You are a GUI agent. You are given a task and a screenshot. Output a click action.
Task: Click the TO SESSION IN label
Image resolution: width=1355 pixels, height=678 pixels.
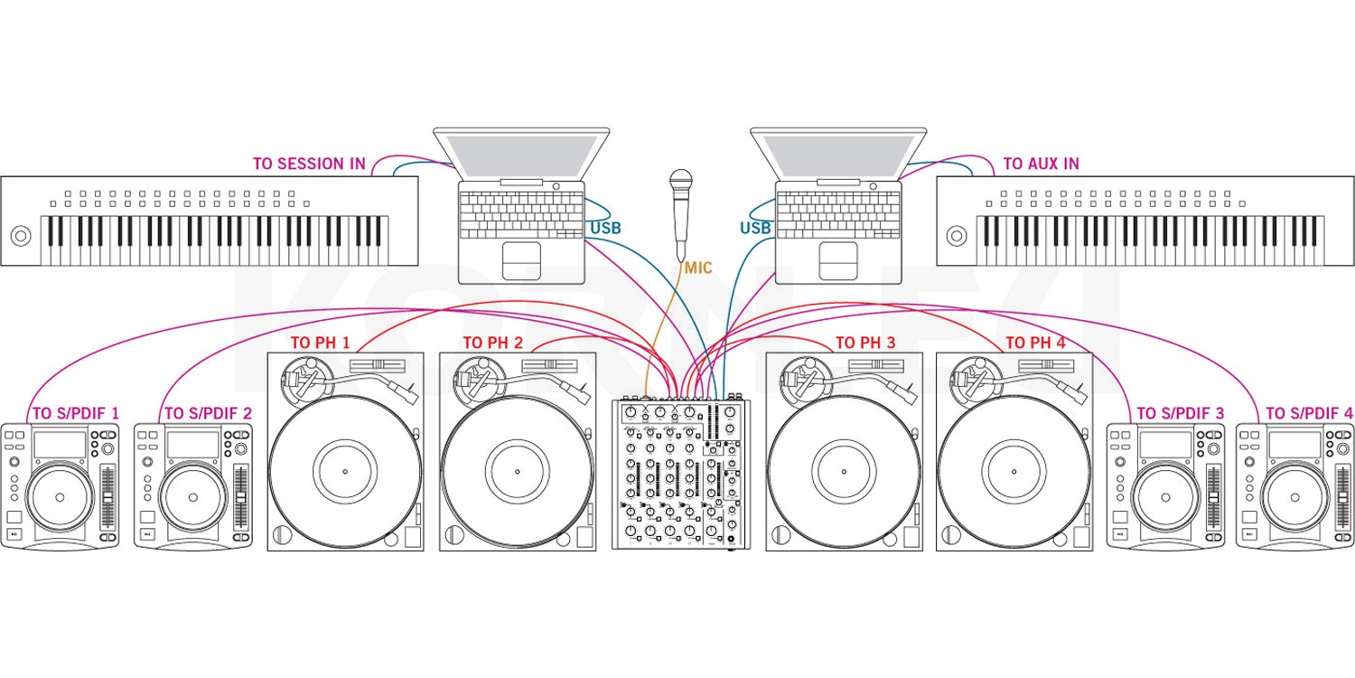point(309,164)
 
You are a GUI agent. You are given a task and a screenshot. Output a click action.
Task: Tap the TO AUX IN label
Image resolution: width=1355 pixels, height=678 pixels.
point(1041,164)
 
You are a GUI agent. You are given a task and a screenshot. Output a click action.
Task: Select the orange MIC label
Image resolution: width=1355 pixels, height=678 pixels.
point(698,268)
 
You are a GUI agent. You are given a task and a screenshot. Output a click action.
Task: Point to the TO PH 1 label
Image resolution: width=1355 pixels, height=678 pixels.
point(320,344)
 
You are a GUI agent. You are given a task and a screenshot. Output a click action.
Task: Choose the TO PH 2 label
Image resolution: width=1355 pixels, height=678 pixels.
point(492,344)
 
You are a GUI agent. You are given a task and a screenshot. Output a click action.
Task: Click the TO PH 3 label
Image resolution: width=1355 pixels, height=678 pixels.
point(865,344)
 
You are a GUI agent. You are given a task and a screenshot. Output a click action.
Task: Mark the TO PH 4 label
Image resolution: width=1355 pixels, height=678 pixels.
point(1035,344)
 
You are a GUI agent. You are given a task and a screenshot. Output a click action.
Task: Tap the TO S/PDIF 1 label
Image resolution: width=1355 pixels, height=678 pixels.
point(76,413)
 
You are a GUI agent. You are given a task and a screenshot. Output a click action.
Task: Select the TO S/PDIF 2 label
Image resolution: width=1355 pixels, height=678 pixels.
point(208,413)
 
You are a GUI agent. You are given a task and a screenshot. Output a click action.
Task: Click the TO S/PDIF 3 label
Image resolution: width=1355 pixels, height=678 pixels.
point(1181,413)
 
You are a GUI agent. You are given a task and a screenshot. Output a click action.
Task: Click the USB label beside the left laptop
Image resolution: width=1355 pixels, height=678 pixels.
point(605,228)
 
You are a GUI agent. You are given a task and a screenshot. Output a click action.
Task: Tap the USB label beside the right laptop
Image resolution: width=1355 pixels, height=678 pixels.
point(755,228)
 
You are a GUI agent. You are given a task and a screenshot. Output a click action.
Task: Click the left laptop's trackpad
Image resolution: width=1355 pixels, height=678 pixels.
point(521,260)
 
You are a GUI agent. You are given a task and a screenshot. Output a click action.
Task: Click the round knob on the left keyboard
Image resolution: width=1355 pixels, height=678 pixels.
point(20,237)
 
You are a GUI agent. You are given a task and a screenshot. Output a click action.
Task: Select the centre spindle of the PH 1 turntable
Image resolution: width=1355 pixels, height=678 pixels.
point(345,472)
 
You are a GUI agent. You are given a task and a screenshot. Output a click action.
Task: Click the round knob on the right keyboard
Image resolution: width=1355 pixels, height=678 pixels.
point(956,237)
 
